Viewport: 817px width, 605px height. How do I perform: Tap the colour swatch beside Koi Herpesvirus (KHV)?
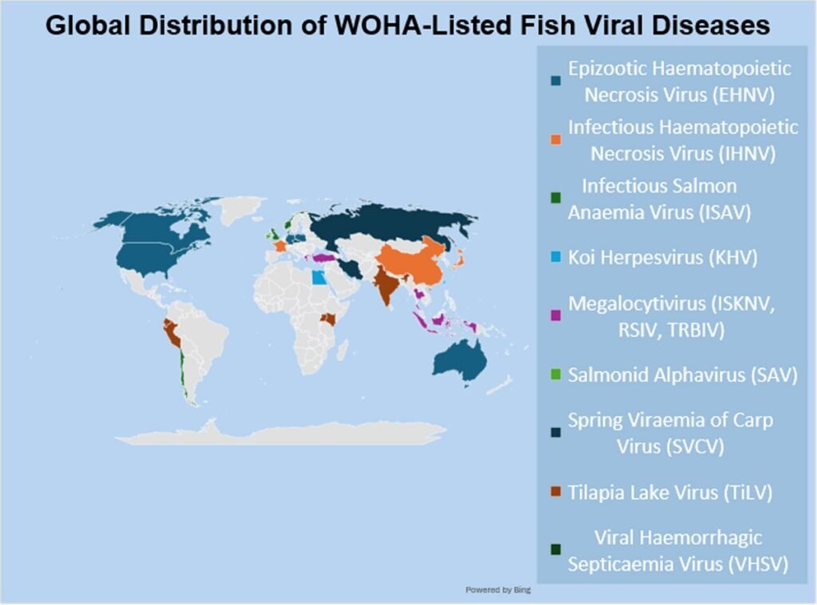(554, 258)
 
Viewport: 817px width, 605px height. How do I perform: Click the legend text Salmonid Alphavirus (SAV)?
(683, 374)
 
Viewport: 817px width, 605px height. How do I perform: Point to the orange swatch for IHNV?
(555, 140)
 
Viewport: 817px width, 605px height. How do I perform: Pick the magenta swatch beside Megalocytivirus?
(555, 316)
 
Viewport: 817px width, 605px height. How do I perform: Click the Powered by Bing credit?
(499, 590)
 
